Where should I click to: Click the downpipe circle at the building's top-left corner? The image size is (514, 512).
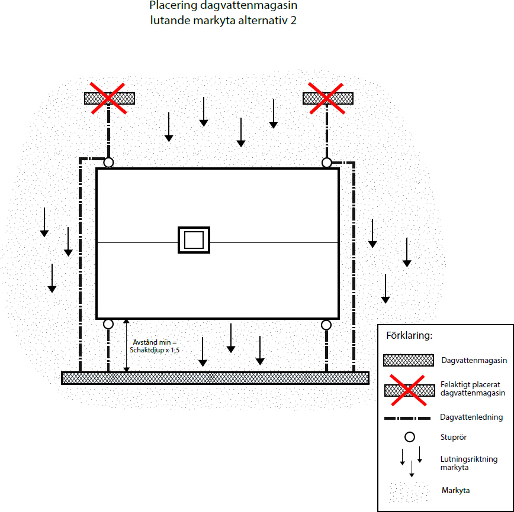click(x=108, y=158)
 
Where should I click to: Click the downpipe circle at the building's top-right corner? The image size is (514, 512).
click(x=327, y=158)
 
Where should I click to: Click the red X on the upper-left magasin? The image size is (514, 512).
click(x=108, y=98)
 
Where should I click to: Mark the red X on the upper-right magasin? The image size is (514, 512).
click(x=326, y=98)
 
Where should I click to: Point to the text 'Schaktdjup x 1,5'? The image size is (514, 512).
click(x=155, y=350)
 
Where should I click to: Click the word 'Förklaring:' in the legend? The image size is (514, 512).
click(x=409, y=336)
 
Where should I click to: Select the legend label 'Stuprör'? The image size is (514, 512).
click(x=454, y=437)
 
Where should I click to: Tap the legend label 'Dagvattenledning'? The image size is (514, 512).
click(x=471, y=417)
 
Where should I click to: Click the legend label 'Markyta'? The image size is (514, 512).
click(x=455, y=490)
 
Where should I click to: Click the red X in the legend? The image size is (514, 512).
click(x=409, y=391)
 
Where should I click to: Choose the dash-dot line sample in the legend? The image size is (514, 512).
click(x=407, y=418)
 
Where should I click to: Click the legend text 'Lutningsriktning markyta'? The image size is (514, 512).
click(x=469, y=463)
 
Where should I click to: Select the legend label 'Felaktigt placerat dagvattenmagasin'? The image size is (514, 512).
click(x=473, y=388)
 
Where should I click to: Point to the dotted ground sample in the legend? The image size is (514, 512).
click(x=409, y=491)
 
